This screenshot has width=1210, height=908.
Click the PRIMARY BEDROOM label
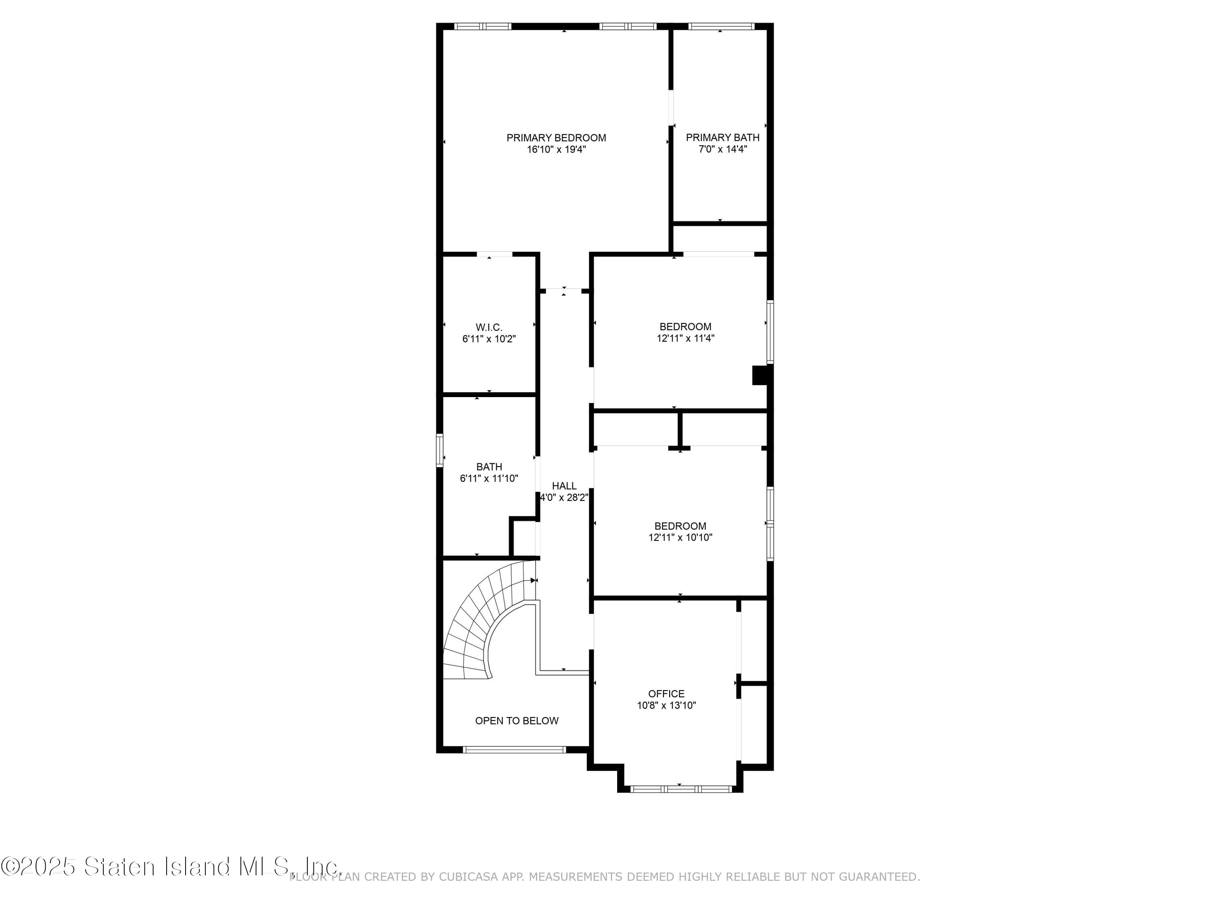pos(556,138)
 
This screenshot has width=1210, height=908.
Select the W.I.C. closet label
pos(488,327)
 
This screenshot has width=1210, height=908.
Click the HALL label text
pos(564,486)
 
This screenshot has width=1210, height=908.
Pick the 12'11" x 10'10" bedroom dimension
pos(680,538)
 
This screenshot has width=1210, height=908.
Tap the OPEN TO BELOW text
pos(516,721)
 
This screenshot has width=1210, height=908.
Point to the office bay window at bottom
pos(680,789)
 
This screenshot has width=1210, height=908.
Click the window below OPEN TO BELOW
pos(514,750)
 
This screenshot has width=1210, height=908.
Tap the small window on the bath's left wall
pos(439,450)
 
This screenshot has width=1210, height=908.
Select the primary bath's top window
pos(720,26)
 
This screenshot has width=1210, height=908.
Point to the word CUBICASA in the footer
pos(468,877)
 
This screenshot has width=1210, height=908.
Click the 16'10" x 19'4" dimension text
pos(556,149)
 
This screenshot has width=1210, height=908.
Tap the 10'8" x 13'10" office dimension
pos(666,705)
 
